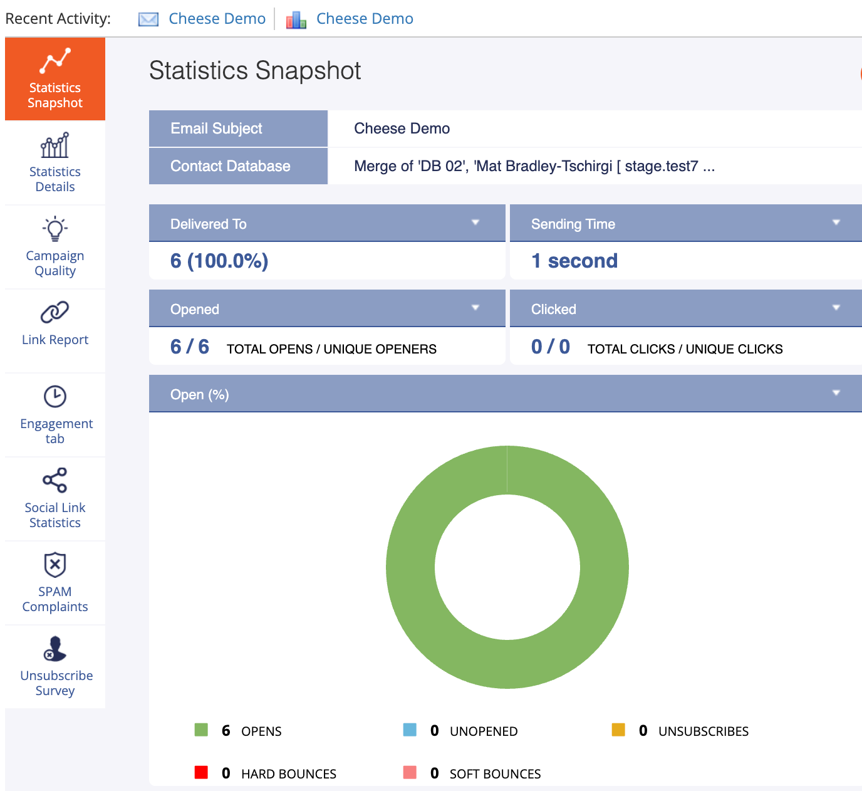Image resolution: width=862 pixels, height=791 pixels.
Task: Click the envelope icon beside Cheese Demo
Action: coord(148,19)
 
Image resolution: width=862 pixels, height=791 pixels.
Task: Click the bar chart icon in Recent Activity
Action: coord(296,20)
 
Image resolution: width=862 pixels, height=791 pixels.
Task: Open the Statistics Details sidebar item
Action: coord(55,162)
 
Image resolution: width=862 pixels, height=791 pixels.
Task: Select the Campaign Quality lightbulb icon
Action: coord(55,228)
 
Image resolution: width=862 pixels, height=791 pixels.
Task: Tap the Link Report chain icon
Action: coord(55,312)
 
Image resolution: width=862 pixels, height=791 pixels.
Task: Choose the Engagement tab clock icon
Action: coord(55,396)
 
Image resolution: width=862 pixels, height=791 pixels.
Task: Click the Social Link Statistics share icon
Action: coord(55,480)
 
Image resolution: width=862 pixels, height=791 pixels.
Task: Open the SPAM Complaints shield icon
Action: coord(55,564)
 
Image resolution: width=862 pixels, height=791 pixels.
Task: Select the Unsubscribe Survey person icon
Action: coord(55,648)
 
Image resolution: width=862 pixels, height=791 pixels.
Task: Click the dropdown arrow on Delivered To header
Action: coord(475,223)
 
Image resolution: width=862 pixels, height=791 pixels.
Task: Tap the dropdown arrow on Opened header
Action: coord(475,308)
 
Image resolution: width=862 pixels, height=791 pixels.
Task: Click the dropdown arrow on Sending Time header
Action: coord(836,223)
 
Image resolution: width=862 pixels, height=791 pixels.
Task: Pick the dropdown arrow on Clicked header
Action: coord(836,308)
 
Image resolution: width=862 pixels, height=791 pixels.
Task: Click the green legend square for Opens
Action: coord(201,730)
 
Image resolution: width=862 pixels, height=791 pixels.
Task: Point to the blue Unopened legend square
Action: coord(410,730)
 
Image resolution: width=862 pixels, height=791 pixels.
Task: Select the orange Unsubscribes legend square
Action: coord(618,730)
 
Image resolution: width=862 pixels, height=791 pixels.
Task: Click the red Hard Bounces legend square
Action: coord(201,772)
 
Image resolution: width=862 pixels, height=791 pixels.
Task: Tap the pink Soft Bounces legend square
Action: coord(410,772)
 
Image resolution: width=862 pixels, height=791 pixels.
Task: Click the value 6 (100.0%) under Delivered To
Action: coord(219,261)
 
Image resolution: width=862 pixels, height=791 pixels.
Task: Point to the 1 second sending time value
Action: coord(574,261)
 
